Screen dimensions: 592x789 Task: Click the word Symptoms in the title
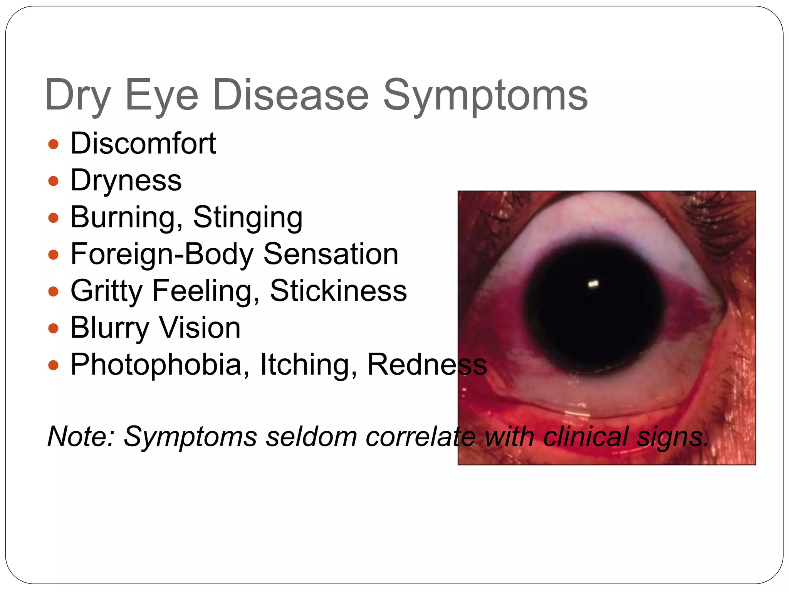coord(485,96)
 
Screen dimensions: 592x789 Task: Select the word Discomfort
coord(143,143)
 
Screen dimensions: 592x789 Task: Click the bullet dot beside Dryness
coord(53,181)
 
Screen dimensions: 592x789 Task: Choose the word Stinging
coord(248,217)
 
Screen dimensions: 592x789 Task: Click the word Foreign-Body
coord(162,254)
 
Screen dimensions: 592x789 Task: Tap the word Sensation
coord(331,254)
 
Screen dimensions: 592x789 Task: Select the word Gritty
coord(106,291)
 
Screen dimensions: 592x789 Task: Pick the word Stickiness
coord(338,291)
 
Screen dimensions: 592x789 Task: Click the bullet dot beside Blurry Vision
coord(53,328)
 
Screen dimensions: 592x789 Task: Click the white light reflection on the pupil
coord(593,284)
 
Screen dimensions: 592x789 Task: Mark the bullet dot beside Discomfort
coord(53,144)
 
